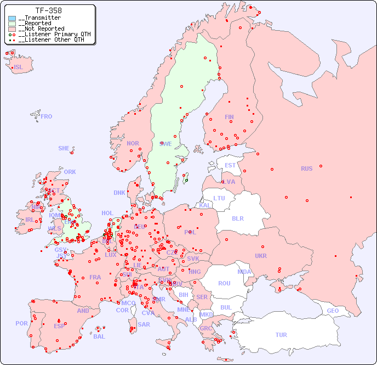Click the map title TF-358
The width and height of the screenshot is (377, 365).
point(48,10)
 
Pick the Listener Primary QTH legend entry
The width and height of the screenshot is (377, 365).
point(50,34)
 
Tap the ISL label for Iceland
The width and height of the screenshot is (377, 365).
point(19,68)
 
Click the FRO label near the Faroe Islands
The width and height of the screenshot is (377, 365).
point(47,116)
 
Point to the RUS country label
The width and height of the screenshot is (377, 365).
point(306,169)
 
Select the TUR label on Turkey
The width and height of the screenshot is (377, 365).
point(281,335)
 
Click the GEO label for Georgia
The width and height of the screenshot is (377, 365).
point(333,311)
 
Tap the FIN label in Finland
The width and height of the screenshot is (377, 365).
point(229,117)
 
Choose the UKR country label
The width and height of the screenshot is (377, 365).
point(261,256)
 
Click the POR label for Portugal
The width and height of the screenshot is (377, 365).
point(21,323)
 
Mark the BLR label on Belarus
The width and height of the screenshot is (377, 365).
point(238,218)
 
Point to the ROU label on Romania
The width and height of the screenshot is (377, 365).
point(224,283)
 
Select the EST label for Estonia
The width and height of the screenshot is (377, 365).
point(230,165)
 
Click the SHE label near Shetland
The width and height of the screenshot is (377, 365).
point(64,148)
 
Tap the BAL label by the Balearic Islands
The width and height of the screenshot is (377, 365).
point(99,336)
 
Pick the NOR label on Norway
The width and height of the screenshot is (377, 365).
point(133,143)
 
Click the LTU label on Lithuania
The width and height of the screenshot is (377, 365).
point(219,198)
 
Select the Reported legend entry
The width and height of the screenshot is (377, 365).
point(37,24)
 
